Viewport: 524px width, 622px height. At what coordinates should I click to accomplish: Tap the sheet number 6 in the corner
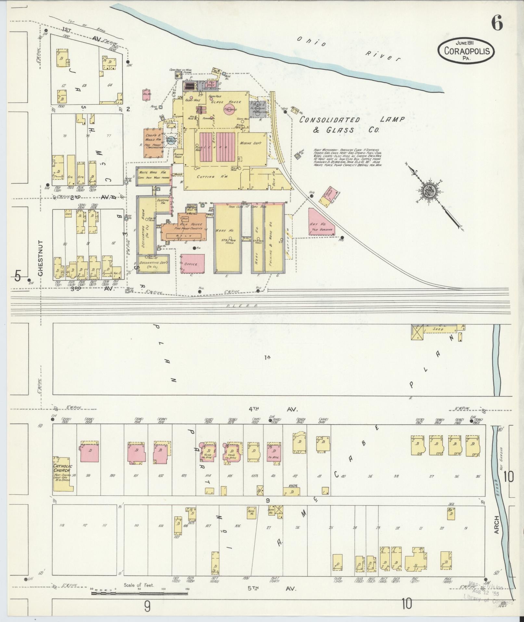pyautogui.click(x=497, y=23)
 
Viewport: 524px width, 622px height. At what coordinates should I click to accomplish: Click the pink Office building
pyautogui.click(x=192, y=264)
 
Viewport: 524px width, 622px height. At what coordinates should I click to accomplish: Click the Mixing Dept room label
pyautogui.click(x=250, y=143)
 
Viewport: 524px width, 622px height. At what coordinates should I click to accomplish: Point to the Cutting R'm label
pyautogui.click(x=211, y=177)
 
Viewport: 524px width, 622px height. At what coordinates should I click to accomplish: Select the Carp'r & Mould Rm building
pyautogui.click(x=153, y=143)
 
